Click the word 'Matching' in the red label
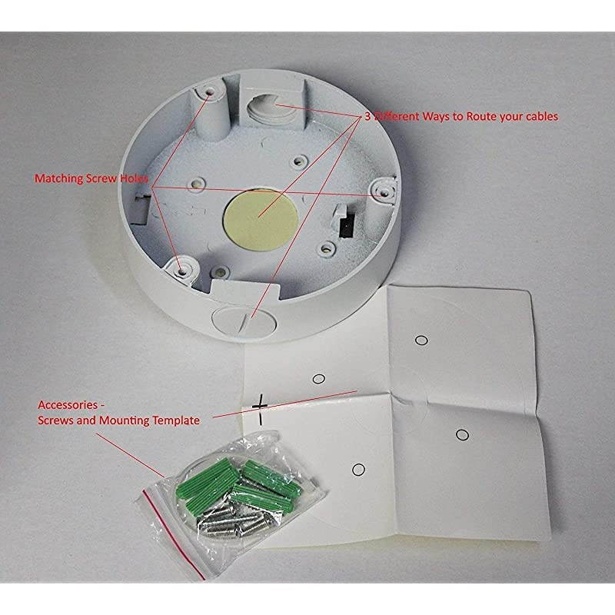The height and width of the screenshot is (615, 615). tap(58, 178)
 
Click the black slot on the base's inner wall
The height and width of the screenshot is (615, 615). tap(345, 223)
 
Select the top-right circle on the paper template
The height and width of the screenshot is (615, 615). tap(421, 339)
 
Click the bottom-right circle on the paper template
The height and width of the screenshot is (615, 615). tap(461, 435)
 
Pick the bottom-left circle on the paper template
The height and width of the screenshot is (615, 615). tap(357, 470)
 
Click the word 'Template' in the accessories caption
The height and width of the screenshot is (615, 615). tap(176, 421)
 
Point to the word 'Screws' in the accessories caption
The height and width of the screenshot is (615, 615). tap(57, 421)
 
